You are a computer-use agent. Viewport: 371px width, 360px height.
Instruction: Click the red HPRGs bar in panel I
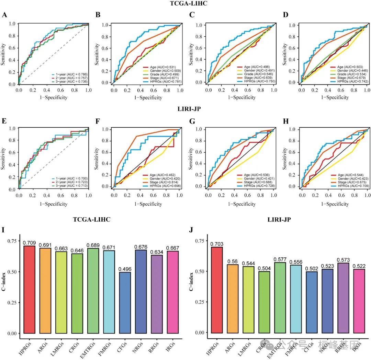click(x=29, y=289)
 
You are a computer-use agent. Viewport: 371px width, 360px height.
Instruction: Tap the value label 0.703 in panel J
click(x=217, y=243)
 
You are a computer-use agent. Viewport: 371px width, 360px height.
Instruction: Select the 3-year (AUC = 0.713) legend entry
click(x=67, y=186)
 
